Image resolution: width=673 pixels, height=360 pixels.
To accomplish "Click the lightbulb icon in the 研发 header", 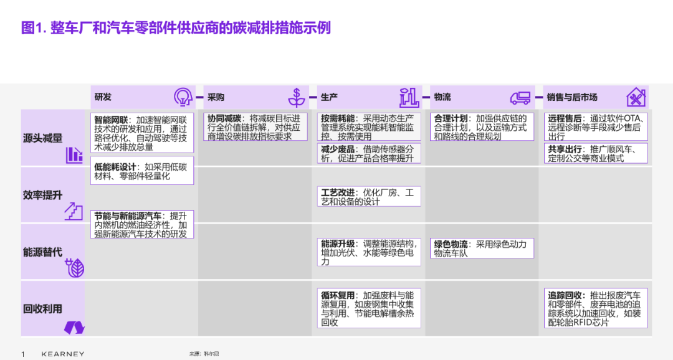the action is point(183,97).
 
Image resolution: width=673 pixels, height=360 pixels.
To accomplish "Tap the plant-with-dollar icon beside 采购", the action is point(296,97).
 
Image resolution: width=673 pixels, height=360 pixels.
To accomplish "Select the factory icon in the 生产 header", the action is point(409,97).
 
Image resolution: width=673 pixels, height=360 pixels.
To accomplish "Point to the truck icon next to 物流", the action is point(520,98).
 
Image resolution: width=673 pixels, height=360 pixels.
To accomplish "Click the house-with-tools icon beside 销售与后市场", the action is point(636,97).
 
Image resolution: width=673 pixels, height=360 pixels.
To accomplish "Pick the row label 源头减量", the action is point(42,138).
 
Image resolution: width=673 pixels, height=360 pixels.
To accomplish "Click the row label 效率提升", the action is point(42,195).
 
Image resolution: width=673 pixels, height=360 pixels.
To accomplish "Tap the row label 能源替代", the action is point(42,252).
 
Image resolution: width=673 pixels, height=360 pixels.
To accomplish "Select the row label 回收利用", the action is point(42,308).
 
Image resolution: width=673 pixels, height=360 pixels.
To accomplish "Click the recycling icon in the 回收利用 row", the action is point(74,328).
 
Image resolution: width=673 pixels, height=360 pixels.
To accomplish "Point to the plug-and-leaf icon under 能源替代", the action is point(75,268).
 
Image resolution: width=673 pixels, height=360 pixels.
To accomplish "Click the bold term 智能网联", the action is point(111,120).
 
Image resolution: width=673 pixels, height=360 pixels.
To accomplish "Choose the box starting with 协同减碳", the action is point(255,127).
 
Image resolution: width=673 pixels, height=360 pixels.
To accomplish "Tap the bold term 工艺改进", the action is point(338,192).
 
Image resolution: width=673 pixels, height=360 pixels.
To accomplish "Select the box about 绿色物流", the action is point(482,249).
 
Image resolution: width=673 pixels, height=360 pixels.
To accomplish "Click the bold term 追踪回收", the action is point(565,295).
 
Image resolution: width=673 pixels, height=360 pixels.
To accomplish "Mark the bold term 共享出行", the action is point(565,149).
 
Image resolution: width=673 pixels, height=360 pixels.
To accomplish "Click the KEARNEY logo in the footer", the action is point(63,354).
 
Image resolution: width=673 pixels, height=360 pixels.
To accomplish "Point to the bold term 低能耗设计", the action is point(115,167).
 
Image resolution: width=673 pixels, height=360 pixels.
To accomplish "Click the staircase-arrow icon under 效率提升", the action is point(74,211).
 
